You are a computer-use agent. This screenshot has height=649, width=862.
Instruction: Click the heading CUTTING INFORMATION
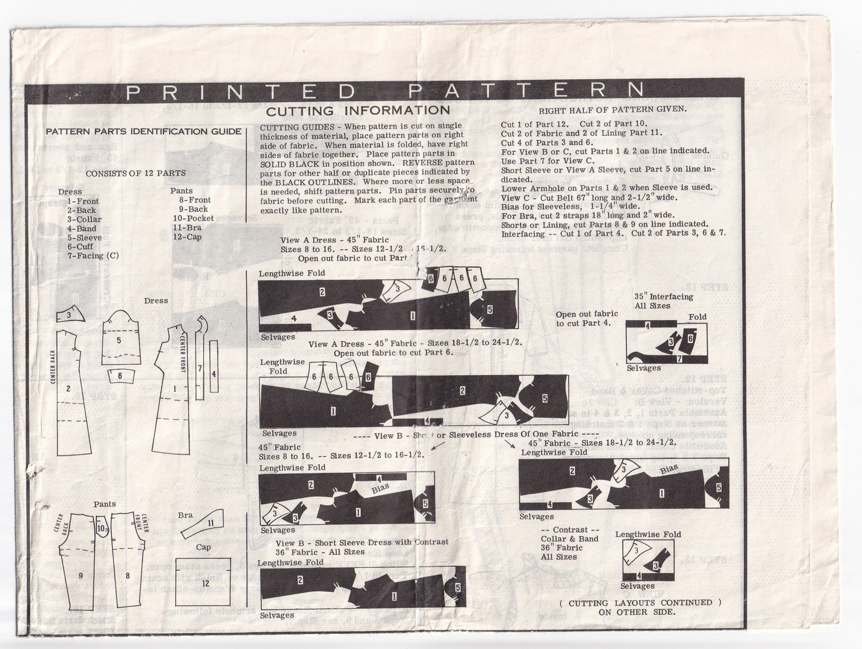pyautogui.click(x=358, y=110)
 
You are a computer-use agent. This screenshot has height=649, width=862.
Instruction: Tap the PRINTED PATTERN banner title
pyautogui.click(x=385, y=90)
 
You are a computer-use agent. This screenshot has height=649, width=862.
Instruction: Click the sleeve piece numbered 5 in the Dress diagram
pyautogui.click(x=119, y=340)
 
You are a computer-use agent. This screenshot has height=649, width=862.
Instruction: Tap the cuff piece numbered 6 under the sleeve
pyautogui.click(x=120, y=376)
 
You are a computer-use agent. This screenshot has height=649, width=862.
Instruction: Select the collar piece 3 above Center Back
pyautogui.click(x=70, y=315)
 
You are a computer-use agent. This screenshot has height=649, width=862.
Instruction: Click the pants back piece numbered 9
pyautogui.click(x=81, y=576)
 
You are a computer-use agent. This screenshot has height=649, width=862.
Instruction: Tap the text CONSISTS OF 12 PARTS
pyautogui.click(x=136, y=174)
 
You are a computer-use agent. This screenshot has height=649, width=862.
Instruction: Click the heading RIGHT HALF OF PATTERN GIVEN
pyautogui.click(x=613, y=110)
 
